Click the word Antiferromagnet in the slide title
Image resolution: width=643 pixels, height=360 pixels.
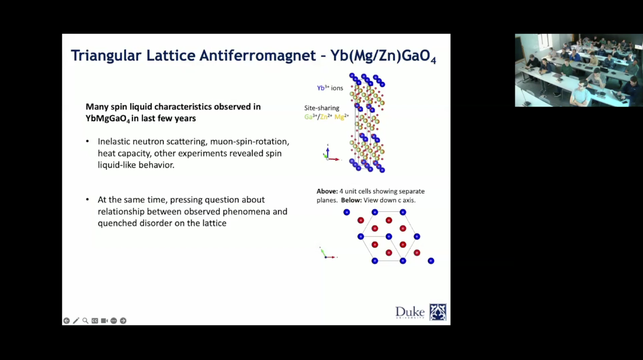coord(257,55)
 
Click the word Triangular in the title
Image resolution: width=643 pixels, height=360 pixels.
coord(106,56)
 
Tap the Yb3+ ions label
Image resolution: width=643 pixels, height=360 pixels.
coord(330,87)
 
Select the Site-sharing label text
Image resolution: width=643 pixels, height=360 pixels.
coord(321,108)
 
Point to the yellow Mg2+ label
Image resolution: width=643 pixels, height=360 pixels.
coord(342,117)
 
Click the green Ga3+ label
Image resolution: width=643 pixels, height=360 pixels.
coord(310,117)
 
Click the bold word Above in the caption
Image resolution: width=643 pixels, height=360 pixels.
coord(327,191)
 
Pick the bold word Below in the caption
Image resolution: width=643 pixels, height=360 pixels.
coord(351,200)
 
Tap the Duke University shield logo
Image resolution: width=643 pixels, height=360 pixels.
coord(438,312)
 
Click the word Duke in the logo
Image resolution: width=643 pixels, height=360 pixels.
coord(409,311)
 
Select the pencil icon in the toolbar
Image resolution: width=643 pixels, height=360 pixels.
coord(76,321)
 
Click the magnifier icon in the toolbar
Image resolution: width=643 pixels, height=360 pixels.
coord(85,321)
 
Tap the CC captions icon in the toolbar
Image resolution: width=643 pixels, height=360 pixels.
coord(95,321)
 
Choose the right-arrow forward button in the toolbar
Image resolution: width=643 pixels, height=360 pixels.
coord(123,321)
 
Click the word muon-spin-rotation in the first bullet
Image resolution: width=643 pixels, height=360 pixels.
coord(249,142)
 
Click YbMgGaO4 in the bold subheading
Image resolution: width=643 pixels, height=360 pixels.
coord(108,118)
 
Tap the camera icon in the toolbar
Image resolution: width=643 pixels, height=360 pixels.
coord(104,321)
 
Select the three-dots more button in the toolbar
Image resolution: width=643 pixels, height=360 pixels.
coord(114,321)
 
